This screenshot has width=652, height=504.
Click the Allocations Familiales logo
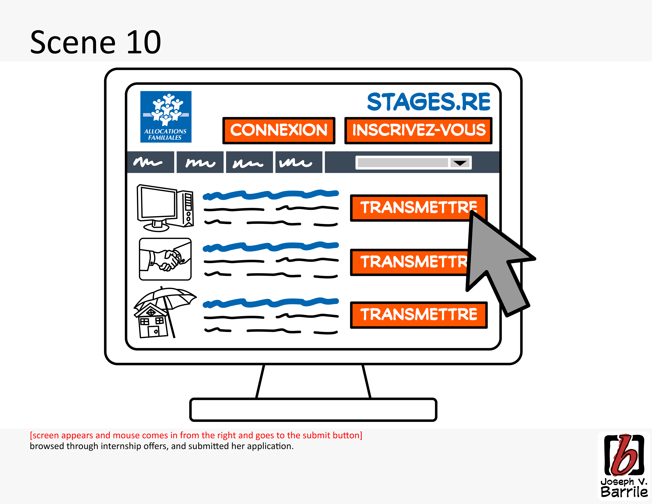(x=166, y=117)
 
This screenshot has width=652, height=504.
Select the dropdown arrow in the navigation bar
(x=460, y=163)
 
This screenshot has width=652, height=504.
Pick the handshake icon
(x=165, y=259)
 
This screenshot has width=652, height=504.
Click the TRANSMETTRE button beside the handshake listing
(x=409, y=262)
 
